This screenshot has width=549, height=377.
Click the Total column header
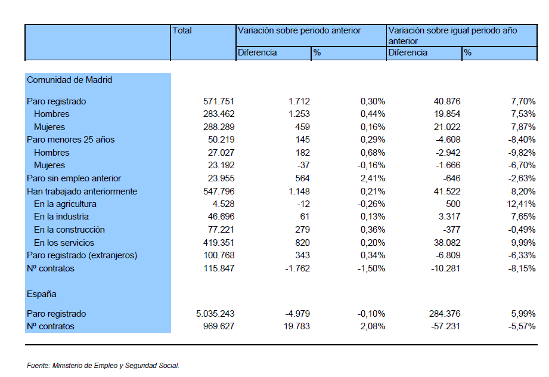coord(182,30)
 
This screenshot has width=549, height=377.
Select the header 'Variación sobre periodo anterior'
coord(299,30)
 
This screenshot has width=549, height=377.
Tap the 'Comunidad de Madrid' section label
coord(69,80)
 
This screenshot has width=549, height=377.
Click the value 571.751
coord(219,101)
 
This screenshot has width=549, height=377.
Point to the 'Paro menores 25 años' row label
coord(70,140)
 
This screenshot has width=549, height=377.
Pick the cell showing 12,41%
coord(521,204)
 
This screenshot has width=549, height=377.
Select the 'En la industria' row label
coord(61,217)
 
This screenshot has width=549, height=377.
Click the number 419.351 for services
coord(219,242)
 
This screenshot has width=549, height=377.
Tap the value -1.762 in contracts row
coord(297,268)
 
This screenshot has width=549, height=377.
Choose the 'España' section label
coord(41,294)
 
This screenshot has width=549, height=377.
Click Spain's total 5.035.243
coord(215,314)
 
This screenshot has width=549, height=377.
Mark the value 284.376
coord(445,314)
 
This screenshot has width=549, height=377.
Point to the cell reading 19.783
coord(297,326)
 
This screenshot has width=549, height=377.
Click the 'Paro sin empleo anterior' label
coord(74,178)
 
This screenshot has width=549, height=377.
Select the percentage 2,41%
coord(373,178)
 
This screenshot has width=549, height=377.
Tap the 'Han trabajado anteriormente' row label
coord(82,191)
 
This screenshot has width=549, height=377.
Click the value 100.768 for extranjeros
coord(219,255)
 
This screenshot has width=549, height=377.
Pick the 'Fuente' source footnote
coord(103,366)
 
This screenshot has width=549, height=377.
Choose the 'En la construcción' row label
coord(69,230)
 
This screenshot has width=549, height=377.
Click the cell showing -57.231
coord(445,326)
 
